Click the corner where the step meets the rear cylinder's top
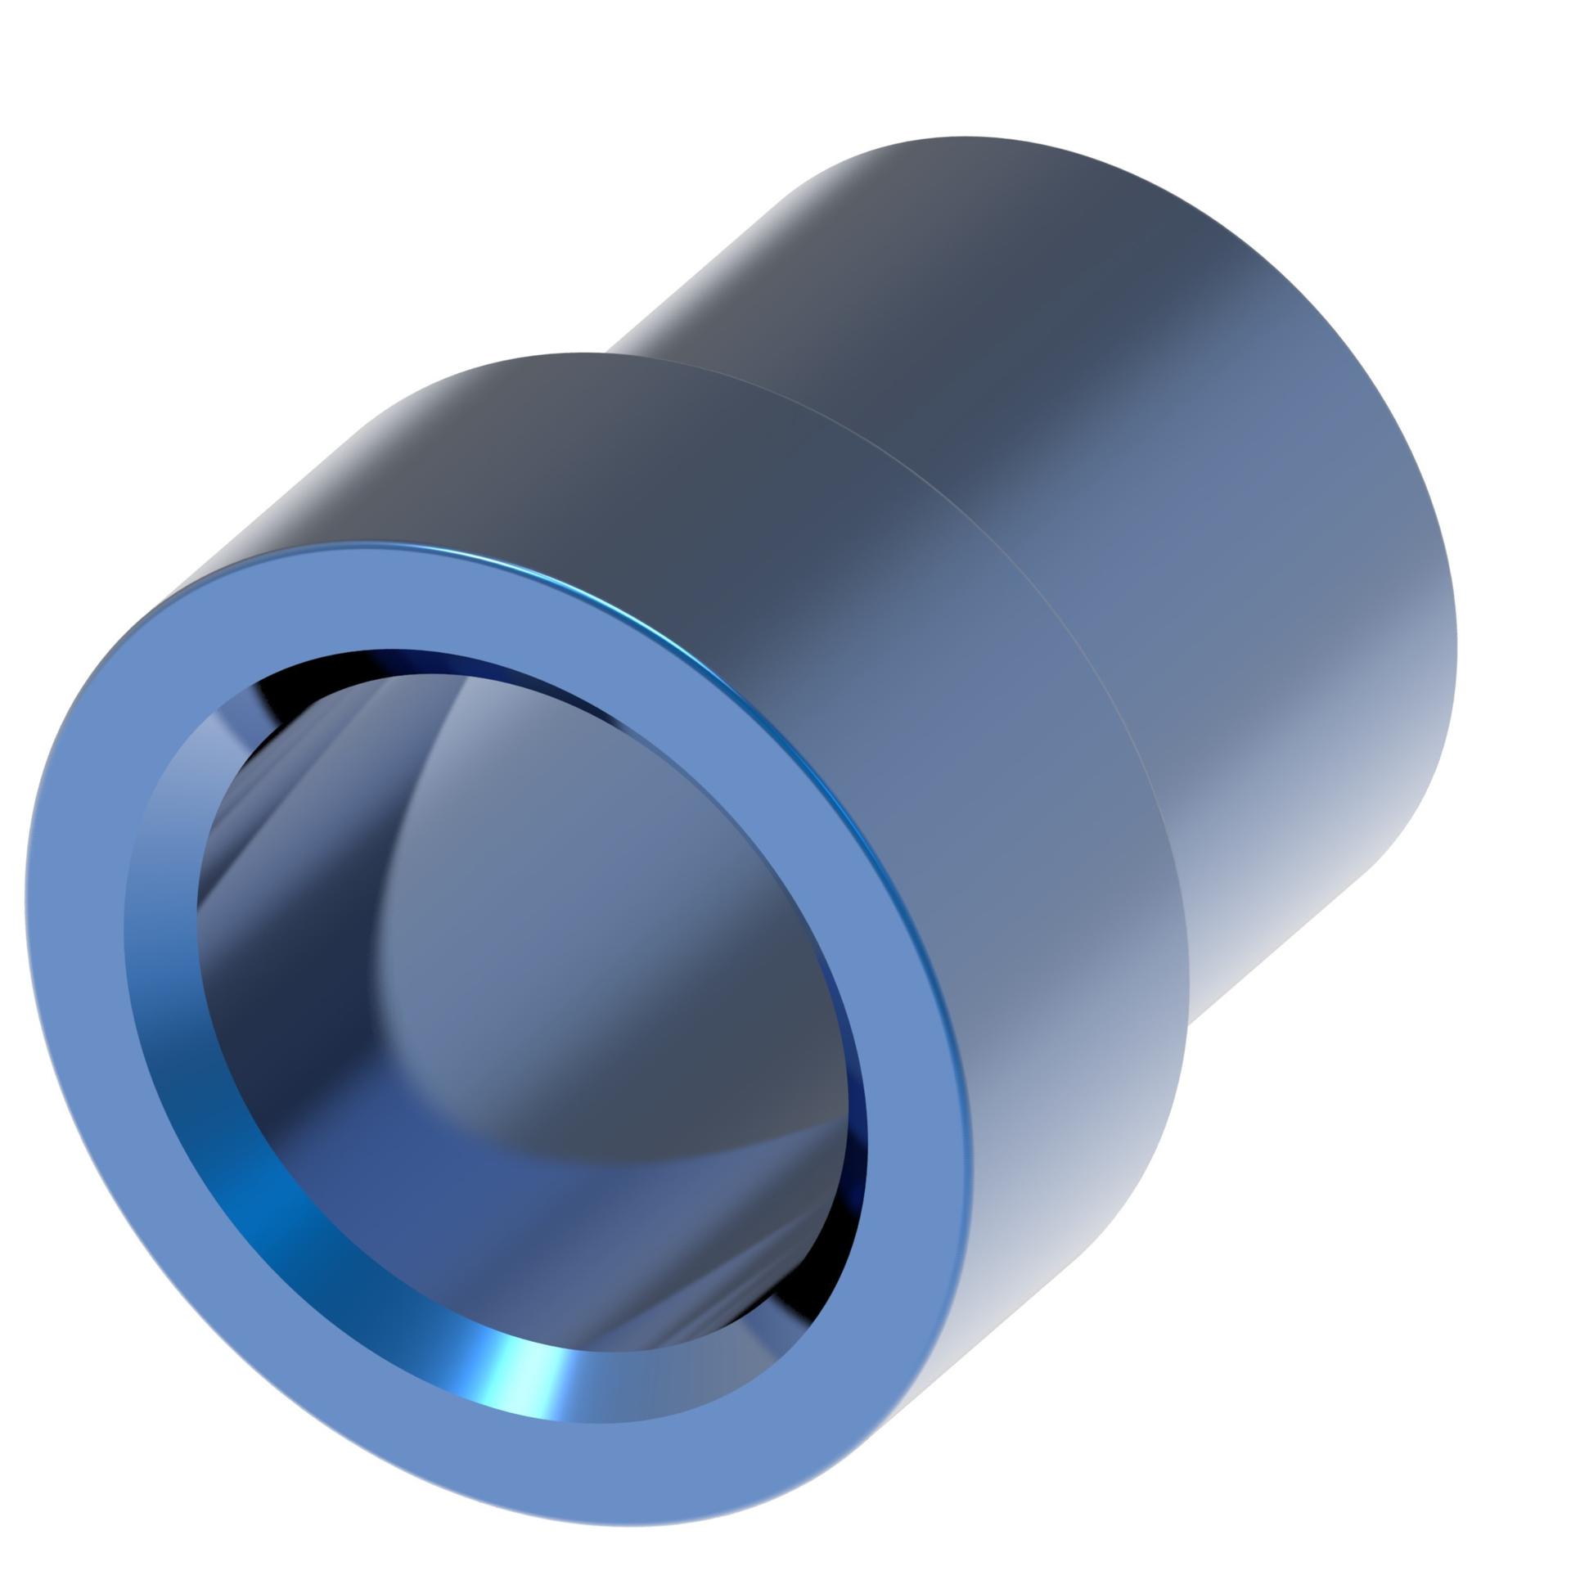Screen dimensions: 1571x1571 pos(610,353)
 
